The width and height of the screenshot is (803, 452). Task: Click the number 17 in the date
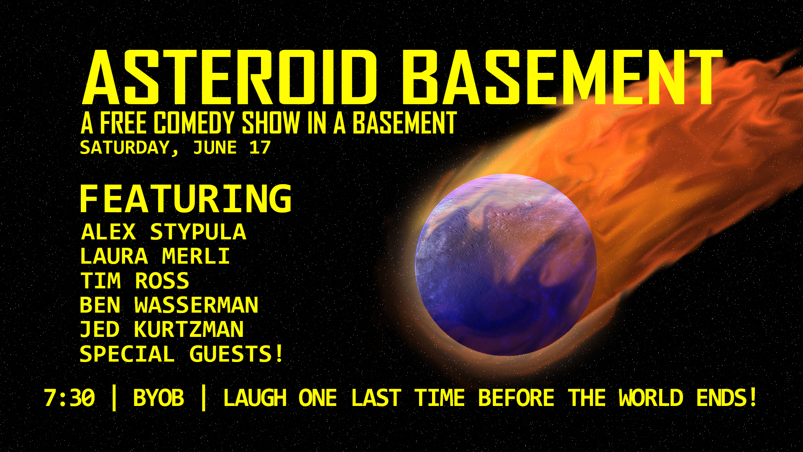260,148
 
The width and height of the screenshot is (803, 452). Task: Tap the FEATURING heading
186,199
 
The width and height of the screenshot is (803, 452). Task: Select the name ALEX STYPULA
164,232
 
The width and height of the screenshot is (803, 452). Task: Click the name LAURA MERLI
155,256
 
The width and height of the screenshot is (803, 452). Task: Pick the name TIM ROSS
135,280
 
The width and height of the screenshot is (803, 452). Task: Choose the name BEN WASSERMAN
169,305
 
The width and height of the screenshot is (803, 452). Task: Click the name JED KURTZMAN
162,329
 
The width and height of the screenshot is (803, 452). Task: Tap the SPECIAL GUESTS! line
182,354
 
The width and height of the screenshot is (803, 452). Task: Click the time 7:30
69,398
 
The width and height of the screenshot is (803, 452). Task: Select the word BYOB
159,398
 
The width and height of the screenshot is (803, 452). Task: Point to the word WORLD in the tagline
651,398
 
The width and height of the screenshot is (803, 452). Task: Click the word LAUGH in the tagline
255,398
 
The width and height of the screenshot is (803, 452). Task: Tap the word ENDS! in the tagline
727,398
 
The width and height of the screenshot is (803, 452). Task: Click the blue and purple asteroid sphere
506,265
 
